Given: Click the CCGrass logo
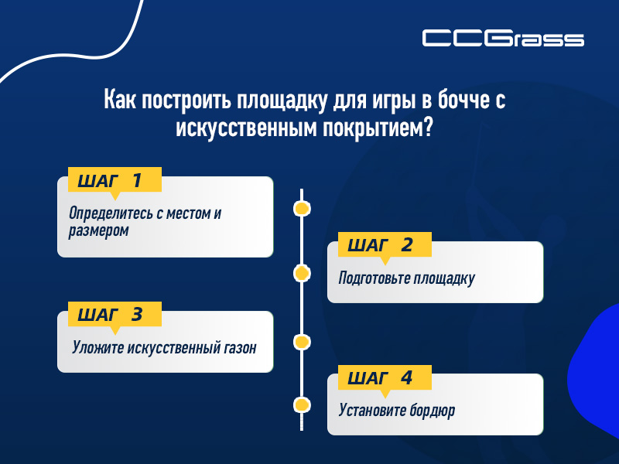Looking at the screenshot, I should [503, 38].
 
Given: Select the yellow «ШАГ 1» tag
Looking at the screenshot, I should [115, 181].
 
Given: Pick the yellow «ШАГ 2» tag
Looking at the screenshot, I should [379, 246].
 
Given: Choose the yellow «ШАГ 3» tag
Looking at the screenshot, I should [115, 315].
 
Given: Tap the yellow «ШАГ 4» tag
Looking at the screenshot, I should [379, 378].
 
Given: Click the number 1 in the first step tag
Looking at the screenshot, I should [137, 181].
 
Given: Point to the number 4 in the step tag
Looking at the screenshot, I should [406, 378].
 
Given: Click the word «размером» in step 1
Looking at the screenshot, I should [98, 230].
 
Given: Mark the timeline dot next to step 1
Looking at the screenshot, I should [302, 208].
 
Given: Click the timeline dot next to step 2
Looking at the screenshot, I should [302, 273].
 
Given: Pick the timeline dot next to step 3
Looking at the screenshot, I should [302, 341].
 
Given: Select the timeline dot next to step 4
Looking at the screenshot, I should [302, 405].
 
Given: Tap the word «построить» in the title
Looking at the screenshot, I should [174, 101].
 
